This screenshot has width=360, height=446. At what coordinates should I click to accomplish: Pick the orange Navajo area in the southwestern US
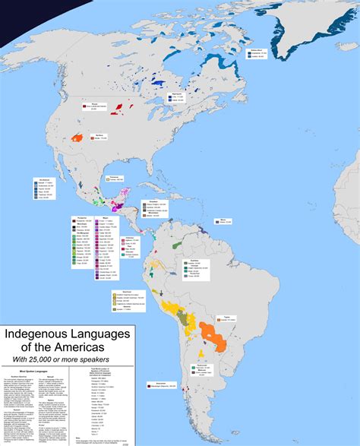coord(77,138)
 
